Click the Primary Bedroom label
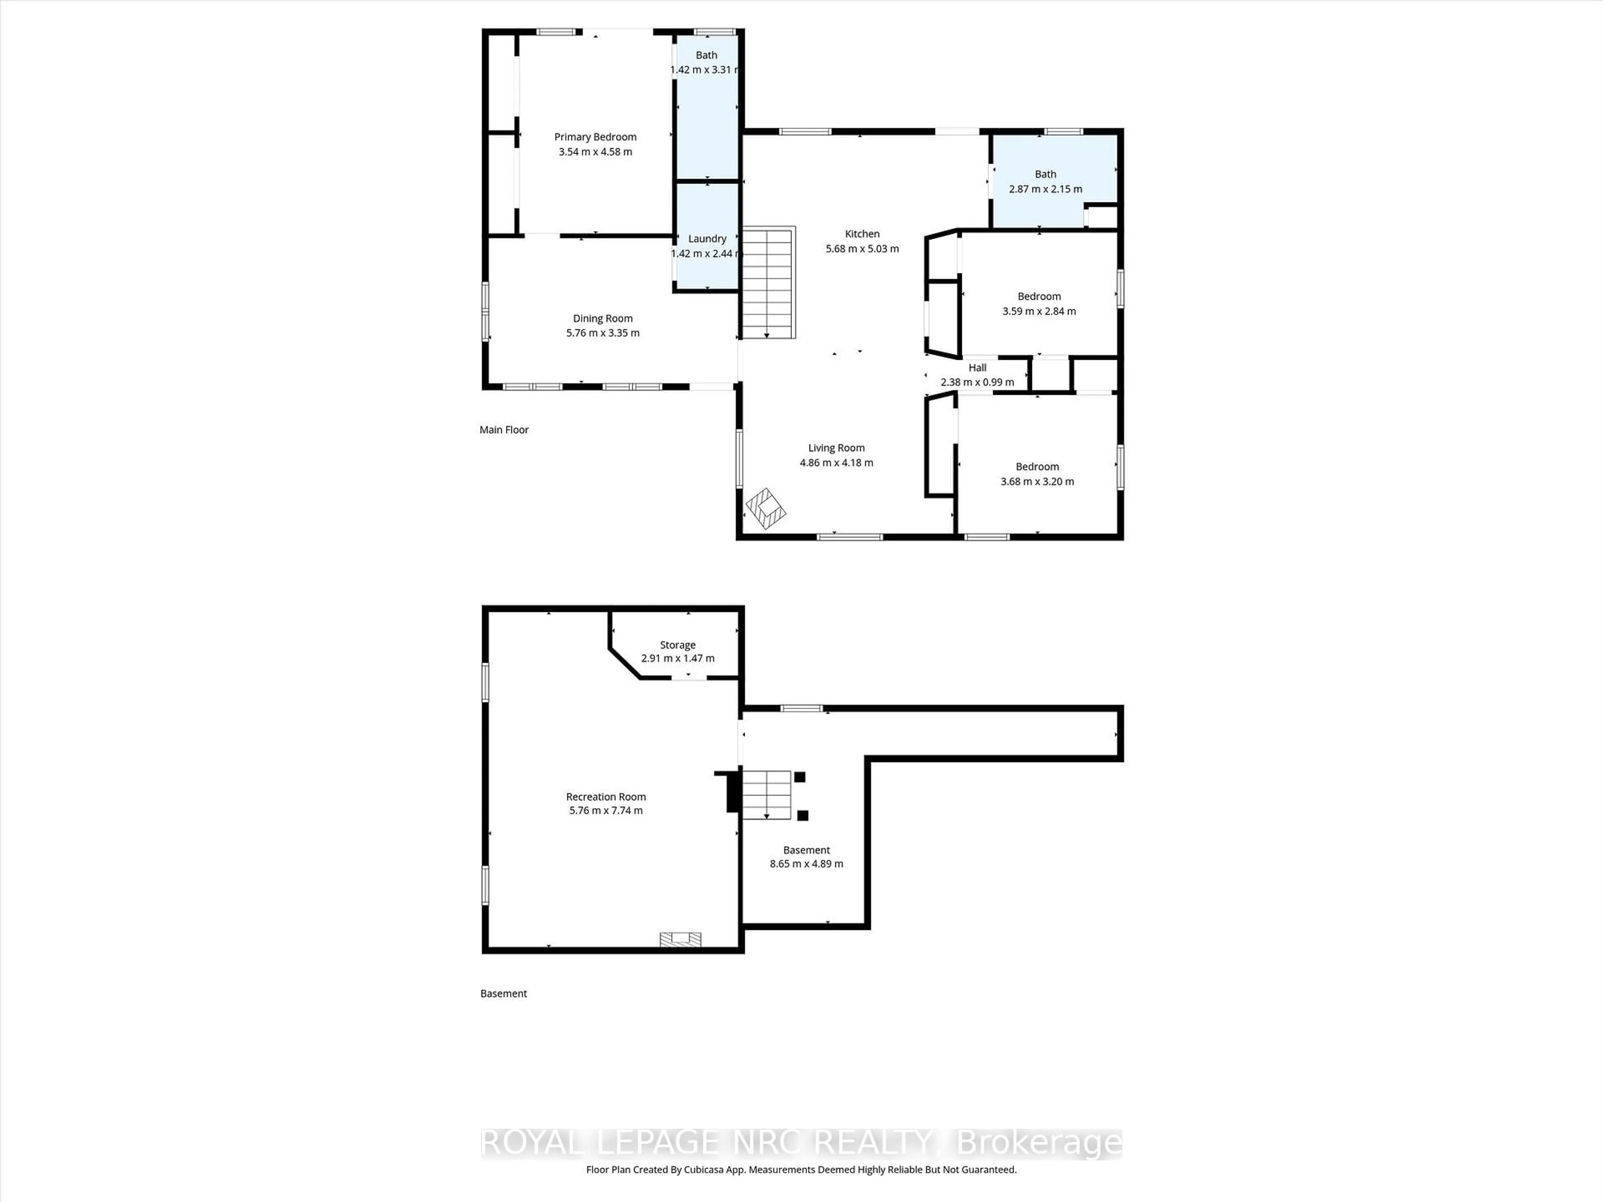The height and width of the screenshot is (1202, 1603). tap(595, 137)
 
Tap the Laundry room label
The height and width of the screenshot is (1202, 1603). tap(707, 238)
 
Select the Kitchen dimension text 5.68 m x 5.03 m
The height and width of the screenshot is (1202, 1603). tap(862, 248)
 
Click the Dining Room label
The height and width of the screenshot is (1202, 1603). tap(603, 318)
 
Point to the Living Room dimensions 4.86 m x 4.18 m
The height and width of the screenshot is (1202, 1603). tap(836, 462)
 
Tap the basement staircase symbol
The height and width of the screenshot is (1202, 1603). tap(766, 795)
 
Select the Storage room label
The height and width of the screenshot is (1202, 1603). tap(678, 645)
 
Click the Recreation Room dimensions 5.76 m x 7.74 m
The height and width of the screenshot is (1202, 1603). tap(606, 810)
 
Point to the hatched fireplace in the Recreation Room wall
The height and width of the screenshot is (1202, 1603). tap(680, 939)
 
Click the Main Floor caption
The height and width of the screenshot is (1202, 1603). tap(504, 429)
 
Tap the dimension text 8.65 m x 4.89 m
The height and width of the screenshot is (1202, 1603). tap(807, 864)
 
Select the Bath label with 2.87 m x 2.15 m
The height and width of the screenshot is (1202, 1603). tap(1046, 174)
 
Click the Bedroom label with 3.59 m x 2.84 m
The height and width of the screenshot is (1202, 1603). tap(1039, 296)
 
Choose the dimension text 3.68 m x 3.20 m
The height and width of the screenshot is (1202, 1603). tap(1037, 481)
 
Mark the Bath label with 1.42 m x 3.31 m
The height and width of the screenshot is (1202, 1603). tap(707, 55)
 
